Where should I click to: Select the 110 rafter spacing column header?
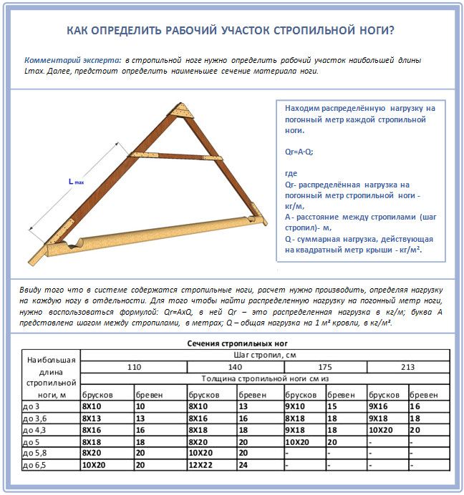click(133, 367)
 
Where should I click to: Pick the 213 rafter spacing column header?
click(408, 367)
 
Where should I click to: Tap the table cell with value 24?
click(243, 465)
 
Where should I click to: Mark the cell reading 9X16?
click(379, 406)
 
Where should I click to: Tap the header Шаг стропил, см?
click(265, 355)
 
